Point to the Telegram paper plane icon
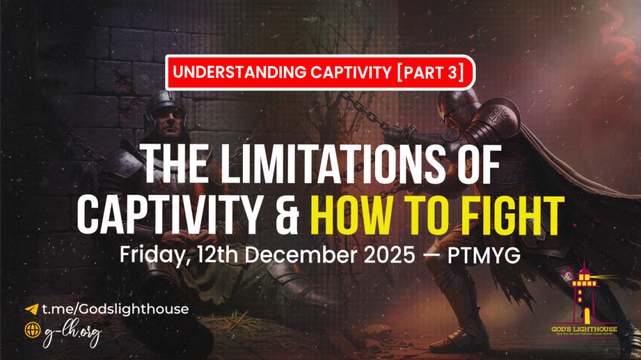[x=31, y=309]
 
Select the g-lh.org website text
[x=72, y=333]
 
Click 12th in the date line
[x=222, y=255]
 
